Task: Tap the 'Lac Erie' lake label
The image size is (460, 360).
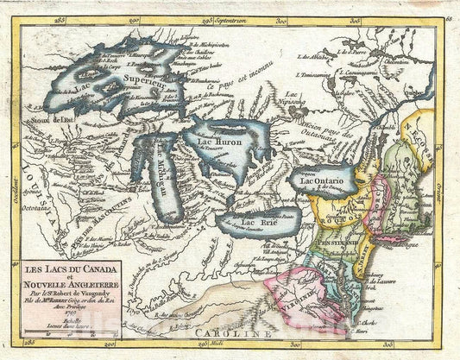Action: click(x=260, y=223)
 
